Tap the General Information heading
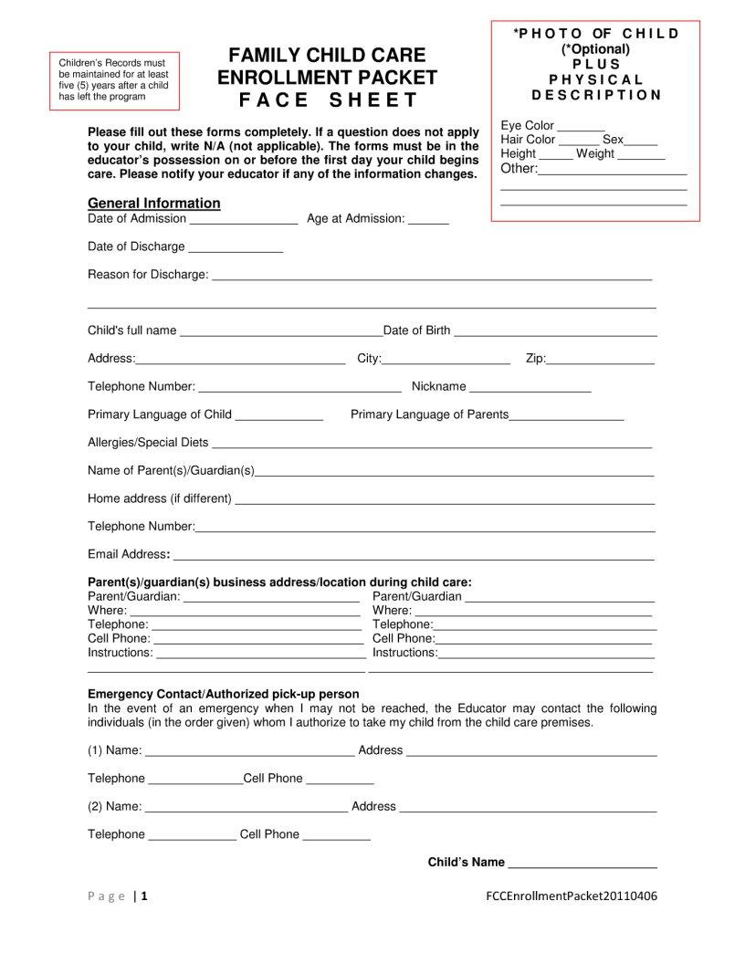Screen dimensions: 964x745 coord(153,203)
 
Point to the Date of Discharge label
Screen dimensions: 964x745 coord(136,246)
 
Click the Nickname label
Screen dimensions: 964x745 coord(438,387)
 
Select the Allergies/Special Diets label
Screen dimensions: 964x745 coord(148,443)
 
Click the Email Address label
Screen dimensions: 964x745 coord(128,554)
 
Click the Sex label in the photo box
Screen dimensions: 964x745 coord(613,140)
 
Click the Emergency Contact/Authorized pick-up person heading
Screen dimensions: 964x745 coord(223,694)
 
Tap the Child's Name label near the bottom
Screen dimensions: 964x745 coord(466,862)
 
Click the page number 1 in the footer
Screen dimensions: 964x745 coord(144,896)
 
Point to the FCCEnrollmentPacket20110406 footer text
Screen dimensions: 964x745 coord(572,896)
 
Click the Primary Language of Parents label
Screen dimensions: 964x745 coord(429,414)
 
